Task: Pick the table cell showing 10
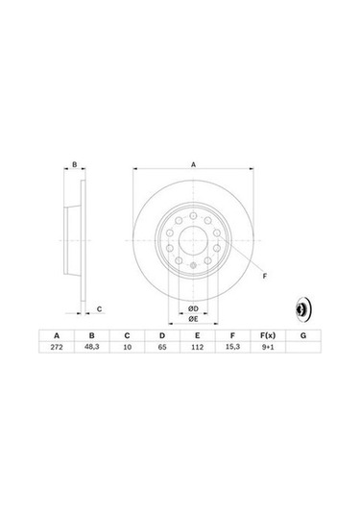[126, 348]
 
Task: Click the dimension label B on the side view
[74, 165]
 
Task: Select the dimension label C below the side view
[100, 308]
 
